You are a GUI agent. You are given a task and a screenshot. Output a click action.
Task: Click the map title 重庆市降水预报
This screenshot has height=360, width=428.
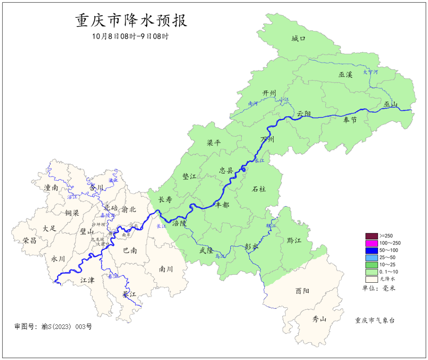pos(131,21)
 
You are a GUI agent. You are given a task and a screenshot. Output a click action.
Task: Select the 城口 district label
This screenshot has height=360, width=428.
pos(298,39)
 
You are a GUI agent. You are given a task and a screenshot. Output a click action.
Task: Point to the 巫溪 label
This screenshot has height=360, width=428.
pos(345,75)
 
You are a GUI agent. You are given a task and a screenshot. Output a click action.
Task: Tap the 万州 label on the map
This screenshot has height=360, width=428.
pos(267,139)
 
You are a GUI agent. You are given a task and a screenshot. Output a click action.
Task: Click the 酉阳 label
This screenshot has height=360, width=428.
pos(302,291)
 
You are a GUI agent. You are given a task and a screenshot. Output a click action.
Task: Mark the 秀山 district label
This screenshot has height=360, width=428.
pos(319,319)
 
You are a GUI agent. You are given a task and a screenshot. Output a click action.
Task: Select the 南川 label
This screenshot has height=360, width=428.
pos(166,269)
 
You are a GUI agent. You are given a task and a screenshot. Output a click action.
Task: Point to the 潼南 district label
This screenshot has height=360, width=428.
pos(51,188)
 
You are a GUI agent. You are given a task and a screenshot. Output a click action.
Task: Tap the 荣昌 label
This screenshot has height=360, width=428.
pos(29,241)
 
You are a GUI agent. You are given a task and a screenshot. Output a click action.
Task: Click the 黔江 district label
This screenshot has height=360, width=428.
pos(294,241)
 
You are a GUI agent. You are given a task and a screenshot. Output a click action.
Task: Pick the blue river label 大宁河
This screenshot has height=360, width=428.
pos(371,72)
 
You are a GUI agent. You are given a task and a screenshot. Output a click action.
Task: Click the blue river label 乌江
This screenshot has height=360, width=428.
pos(220,257)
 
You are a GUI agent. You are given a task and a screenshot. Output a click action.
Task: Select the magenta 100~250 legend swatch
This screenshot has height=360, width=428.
pos(371,243)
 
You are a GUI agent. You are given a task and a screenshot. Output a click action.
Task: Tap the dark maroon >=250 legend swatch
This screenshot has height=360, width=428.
pos(371,236)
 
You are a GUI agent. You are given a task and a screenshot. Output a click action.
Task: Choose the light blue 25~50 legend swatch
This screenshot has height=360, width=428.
pos(371,257)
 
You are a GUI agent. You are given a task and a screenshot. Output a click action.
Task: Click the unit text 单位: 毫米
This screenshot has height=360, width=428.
pos(379,288)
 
